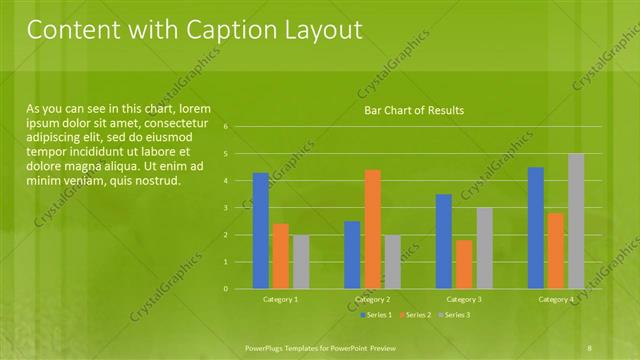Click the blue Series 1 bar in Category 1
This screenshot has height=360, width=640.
(261, 231)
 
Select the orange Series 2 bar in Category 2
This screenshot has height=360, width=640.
(373, 229)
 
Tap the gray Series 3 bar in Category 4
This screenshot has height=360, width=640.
(576, 221)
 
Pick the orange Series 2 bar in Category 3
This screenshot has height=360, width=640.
(465, 264)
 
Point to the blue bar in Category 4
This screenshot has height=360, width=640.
(536, 228)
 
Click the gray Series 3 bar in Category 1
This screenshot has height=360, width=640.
(301, 262)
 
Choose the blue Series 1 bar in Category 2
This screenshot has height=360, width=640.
(352, 255)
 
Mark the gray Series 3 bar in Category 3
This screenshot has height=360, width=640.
(485, 248)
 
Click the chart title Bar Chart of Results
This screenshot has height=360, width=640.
(413, 110)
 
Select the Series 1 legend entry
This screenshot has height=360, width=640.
(377, 316)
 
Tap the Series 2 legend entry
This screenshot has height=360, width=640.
(415, 316)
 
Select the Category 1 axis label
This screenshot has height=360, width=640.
(281, 299)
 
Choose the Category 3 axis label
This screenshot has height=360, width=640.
(465, 299)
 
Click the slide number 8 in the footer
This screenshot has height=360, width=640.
(590, 347)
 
